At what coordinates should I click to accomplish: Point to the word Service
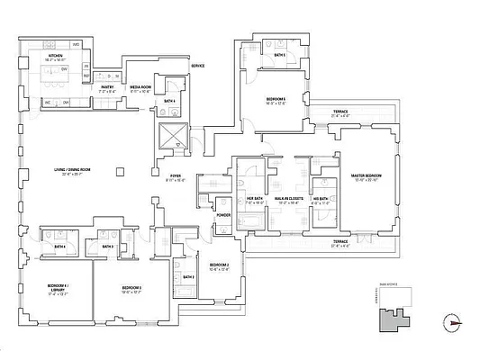click(197, 67)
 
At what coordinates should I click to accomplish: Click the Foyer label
click(177, 176)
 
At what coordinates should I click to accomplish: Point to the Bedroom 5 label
click(276, 100)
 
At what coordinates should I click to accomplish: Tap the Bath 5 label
click(280, 56)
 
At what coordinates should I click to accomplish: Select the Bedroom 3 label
click(132, 288)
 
